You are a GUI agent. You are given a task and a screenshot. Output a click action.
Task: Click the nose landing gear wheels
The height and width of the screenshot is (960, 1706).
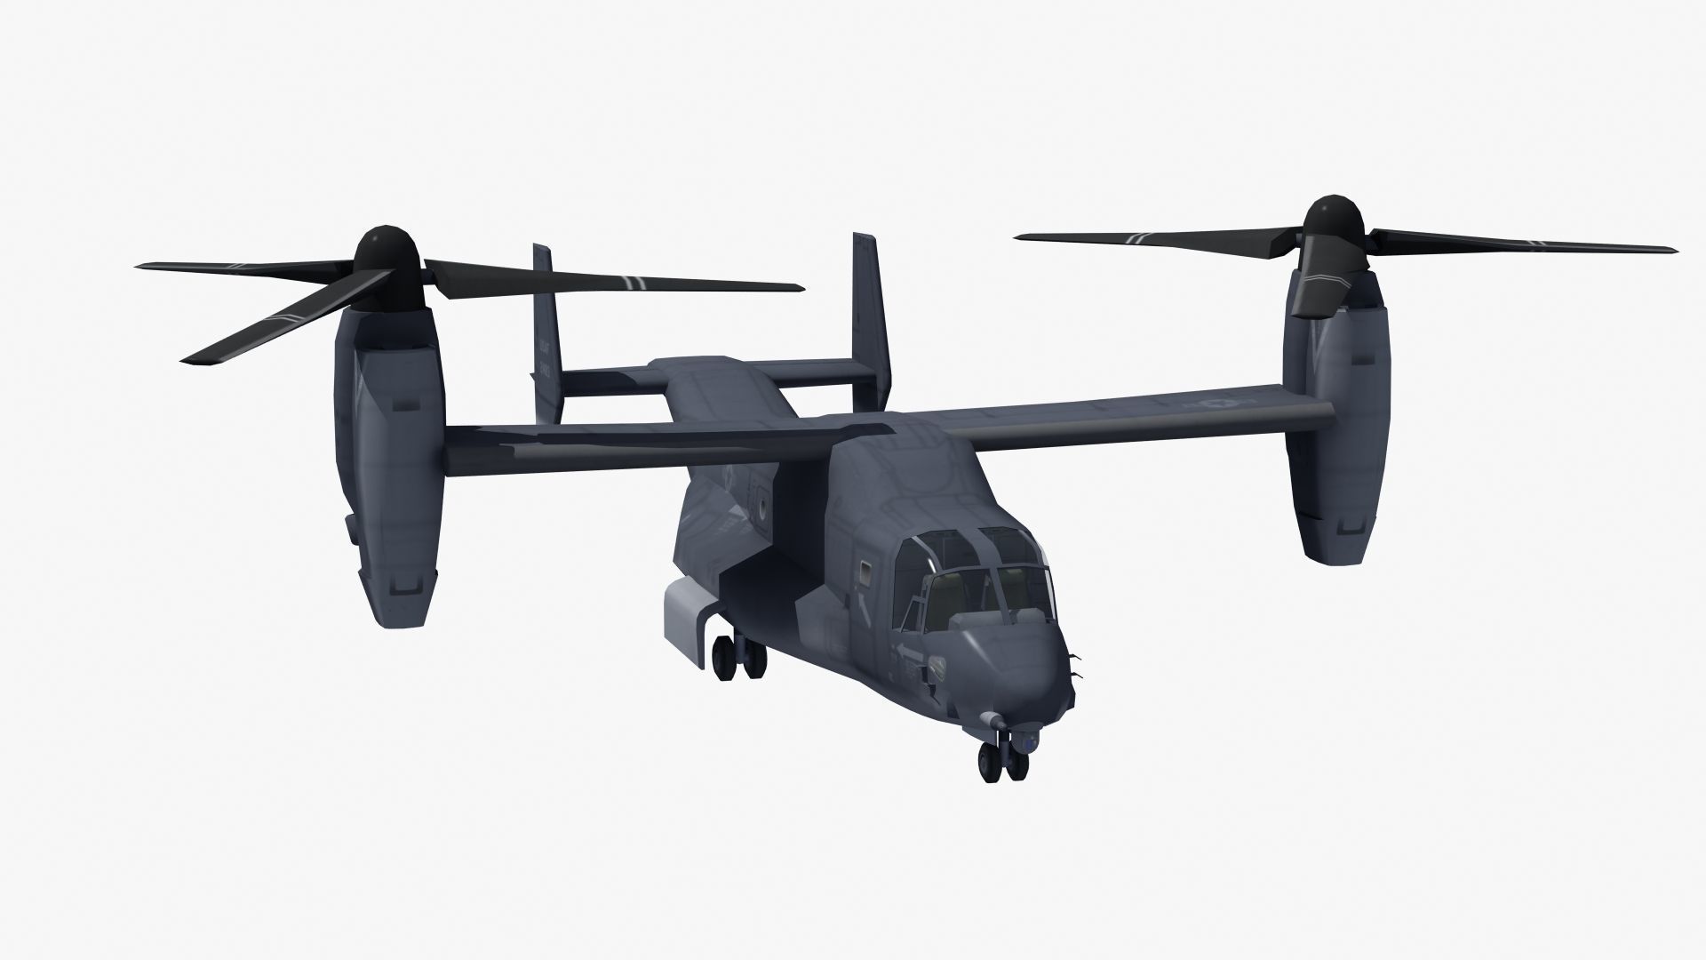(1001, 760)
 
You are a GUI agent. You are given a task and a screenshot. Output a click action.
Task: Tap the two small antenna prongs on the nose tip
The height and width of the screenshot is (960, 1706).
(1077, 667)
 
